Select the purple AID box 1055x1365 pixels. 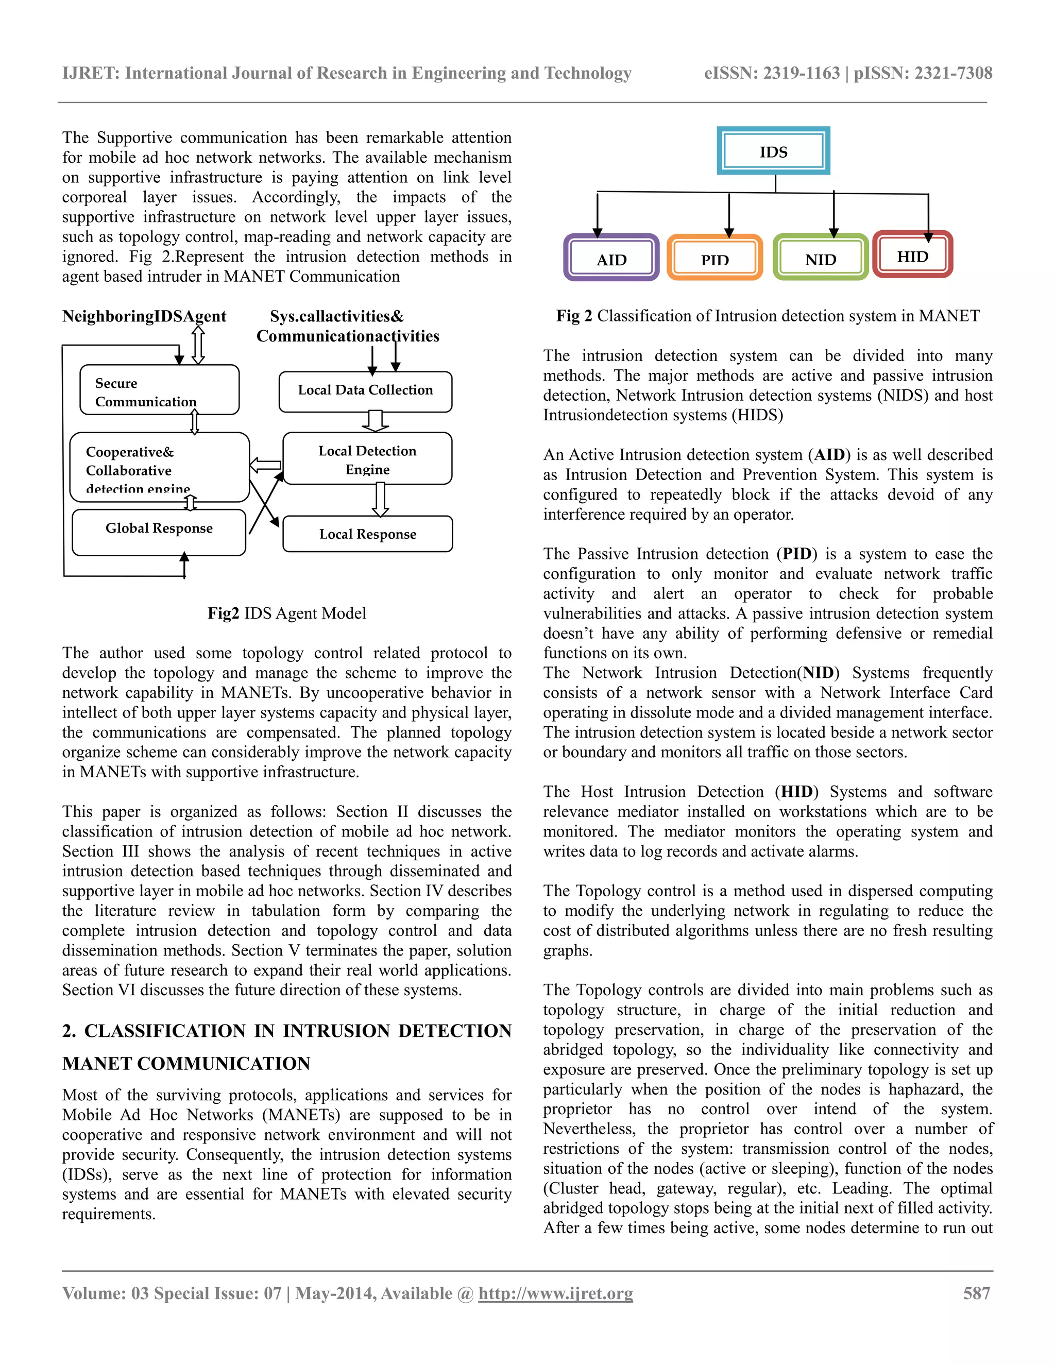click(x=611, y=258)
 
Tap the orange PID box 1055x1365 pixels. click(x=714, y=258)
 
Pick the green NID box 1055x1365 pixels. click(x=820, y=258)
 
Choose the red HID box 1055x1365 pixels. click(x=912, y=255)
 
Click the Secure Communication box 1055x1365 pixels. click(x=159, y=390)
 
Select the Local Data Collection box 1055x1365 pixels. click(x=365, y=390)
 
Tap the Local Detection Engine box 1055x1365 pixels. click(x=367, y=459)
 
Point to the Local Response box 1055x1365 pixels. click(x=367, y=534)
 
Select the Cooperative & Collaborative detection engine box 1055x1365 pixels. click(x=159, y=468)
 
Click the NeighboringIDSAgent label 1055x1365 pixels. click(x=144, y=316)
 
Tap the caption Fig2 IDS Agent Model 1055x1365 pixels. click(x=287, y=613)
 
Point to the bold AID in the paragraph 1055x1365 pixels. click(x=829, y=455)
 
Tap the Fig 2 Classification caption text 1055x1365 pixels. click(x=768, y=316)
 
